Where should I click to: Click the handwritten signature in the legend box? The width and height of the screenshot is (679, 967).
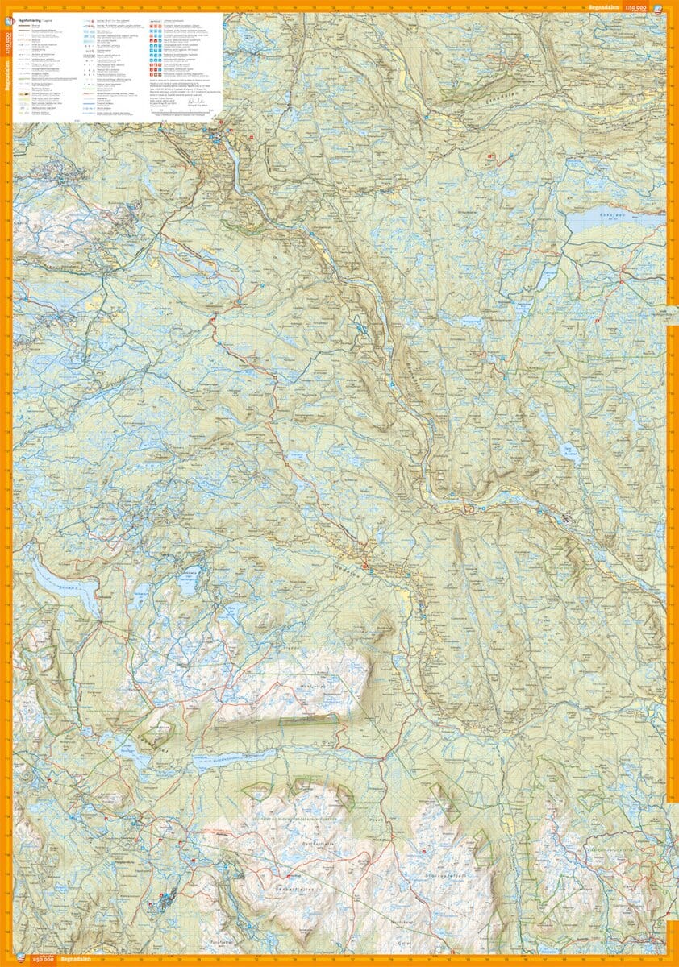click(193, 103)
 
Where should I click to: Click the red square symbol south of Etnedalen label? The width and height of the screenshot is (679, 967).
click(489, 156)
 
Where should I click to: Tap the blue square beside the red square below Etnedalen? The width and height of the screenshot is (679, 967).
click(497, 156)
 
